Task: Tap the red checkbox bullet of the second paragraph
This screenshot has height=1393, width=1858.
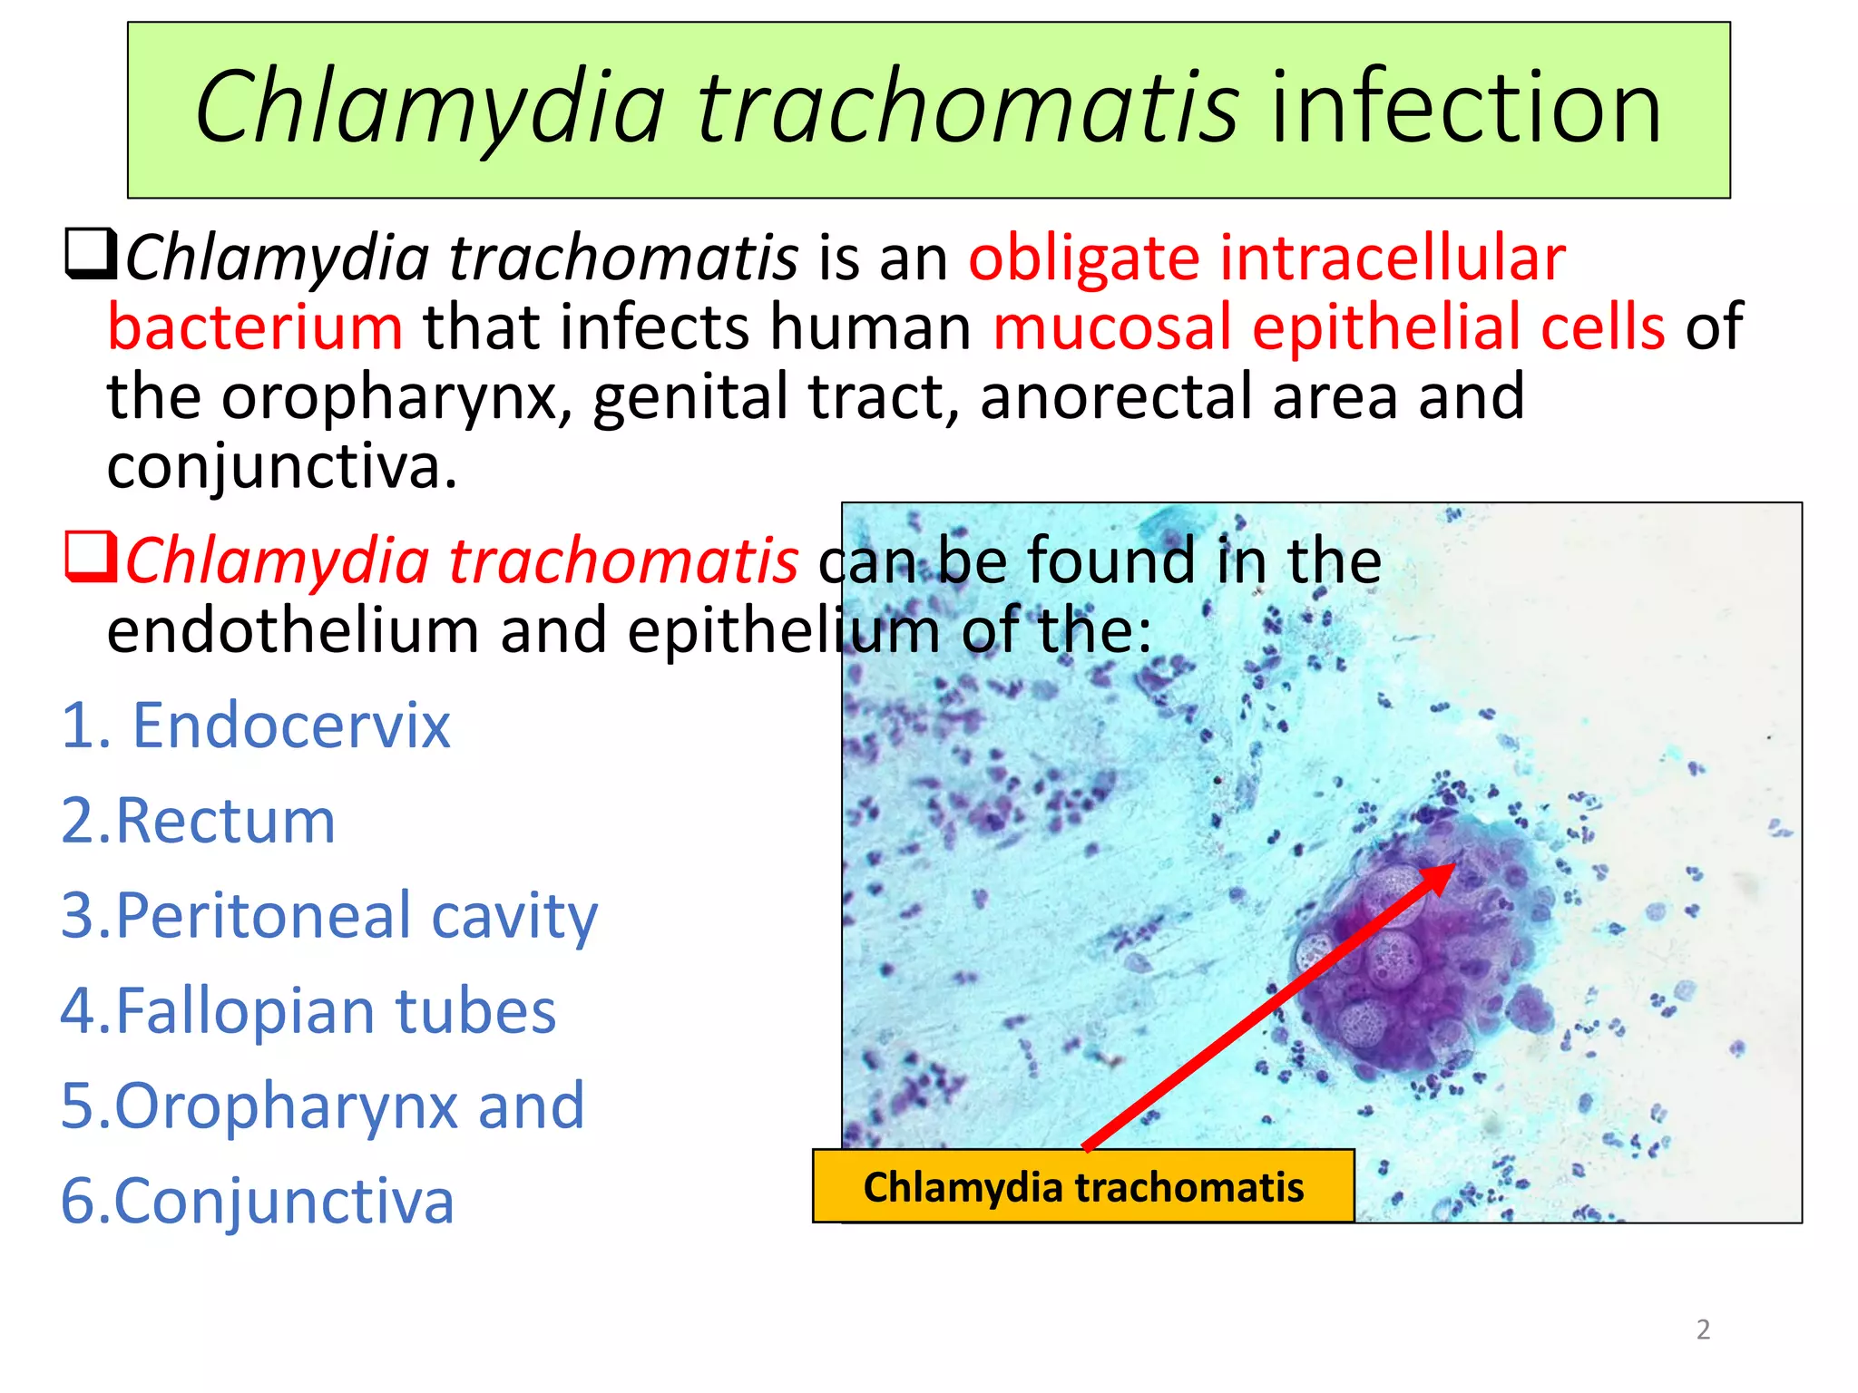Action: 91,557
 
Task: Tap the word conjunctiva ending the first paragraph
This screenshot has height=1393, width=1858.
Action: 281,467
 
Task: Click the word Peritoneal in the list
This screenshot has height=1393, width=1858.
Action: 263,916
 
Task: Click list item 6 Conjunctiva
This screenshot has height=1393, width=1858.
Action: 282,1202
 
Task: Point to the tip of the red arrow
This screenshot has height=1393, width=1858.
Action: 1452,866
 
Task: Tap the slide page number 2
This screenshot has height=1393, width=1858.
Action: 1703,1330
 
